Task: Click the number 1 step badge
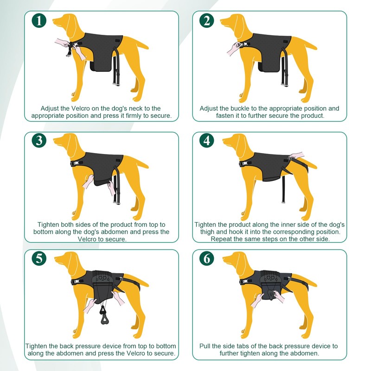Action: [39, 20]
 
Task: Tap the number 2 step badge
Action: [206, 20]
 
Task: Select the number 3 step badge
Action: [39, 141]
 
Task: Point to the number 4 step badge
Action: [206, 141]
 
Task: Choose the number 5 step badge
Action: [39, 258]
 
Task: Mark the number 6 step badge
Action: [206, 258]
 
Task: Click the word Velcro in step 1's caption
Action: [80, 109]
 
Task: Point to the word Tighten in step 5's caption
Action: [37, 346]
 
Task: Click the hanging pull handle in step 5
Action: [103, 316]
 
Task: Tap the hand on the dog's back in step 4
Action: [296, 156]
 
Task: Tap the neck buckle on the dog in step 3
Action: [77, 163]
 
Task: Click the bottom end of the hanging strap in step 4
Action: [283, 202]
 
